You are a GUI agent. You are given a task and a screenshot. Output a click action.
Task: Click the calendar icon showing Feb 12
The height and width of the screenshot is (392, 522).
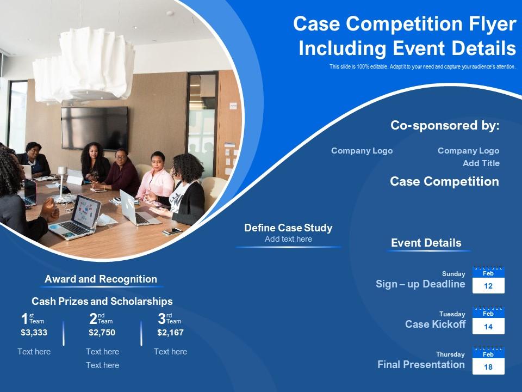point(488,280)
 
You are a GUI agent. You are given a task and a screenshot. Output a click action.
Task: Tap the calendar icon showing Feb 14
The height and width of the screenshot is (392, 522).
point(488,320)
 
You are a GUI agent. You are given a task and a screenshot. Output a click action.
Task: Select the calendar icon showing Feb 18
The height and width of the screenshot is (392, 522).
point(488,360)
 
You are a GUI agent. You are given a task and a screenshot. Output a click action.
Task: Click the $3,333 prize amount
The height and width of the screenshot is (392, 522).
point(34,333)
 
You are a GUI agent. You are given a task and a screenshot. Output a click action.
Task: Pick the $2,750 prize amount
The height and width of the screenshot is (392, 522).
point(102,333)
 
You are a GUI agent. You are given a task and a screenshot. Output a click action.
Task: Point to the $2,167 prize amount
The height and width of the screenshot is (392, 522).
point(170,333)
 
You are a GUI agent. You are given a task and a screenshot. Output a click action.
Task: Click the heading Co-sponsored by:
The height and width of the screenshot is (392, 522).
point(445,126)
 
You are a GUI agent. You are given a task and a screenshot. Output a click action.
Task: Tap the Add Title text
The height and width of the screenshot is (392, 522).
point(481,163)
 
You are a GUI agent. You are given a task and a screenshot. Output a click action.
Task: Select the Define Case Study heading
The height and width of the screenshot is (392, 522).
point(288,228)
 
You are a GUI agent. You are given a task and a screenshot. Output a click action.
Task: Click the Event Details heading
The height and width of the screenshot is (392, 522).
point(426,243)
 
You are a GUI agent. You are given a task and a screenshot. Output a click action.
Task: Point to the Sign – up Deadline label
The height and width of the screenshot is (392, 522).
point(420,284)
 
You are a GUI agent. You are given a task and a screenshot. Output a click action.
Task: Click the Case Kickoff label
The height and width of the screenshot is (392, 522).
point(435,324)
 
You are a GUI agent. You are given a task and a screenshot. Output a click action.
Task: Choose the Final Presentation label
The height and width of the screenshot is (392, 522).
point(421,365)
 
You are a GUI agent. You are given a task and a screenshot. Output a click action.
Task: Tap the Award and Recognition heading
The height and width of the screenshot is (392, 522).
point(101,279)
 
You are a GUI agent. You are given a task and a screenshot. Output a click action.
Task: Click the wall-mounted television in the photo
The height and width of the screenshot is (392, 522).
point(94,127)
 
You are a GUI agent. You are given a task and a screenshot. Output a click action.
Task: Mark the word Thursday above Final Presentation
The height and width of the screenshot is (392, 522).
point(450,354)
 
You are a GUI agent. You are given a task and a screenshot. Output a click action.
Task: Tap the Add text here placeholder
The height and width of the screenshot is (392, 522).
point(288,239)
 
